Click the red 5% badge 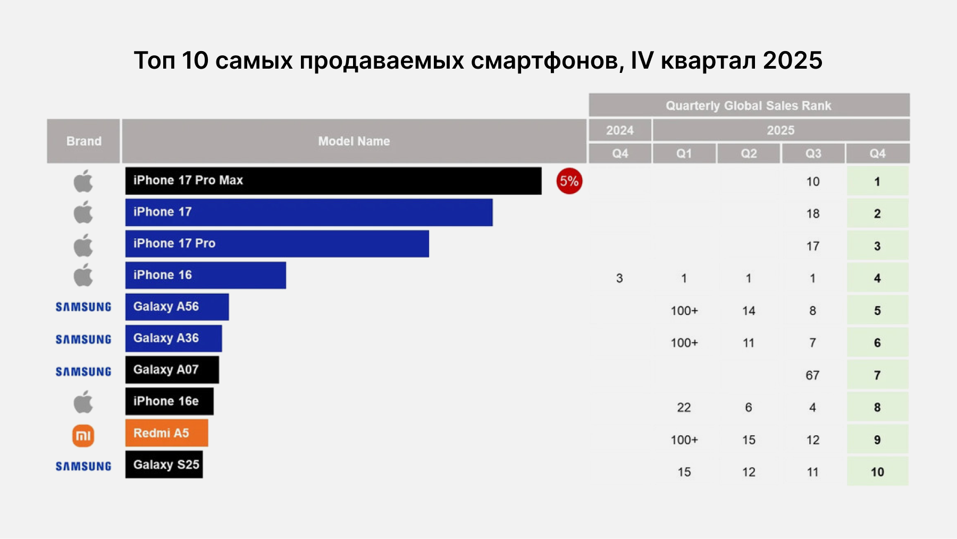(x=569, y=181)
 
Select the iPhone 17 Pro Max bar (x=333, y=181)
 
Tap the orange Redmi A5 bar (x=166, y=433)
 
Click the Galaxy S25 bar (x=164, y=465)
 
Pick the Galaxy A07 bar (x=172, y=370)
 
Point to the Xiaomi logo (x=83, y=436)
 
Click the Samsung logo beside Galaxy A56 (x=83, y=307)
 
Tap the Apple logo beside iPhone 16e (x=83, y=402)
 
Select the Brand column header (x=83, y=141)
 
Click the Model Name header (x=354, y=141)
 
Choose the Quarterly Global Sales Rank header (x=749, y=105)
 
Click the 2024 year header (x=620, y=130)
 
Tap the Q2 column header (x=749, y=154)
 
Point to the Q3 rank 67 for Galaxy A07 (x=812, y=376)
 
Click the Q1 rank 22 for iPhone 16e (x=684, y=408)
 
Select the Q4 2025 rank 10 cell (x=877, y=472)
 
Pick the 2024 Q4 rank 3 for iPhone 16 (x=619, y=278)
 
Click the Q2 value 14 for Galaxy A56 (x=749, y=311)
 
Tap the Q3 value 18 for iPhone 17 (x=812, y=214)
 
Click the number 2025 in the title (x=792, y=61)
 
